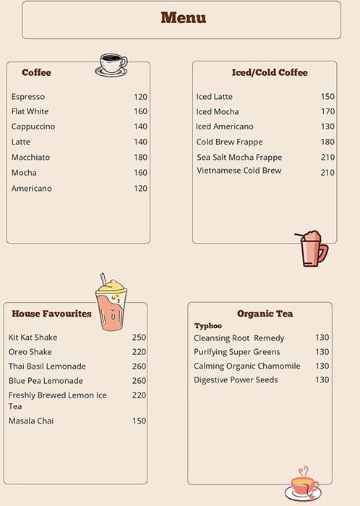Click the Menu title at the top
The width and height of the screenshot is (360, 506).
(x=183, y=18)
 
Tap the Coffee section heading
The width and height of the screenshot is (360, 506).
(x=36, y=72)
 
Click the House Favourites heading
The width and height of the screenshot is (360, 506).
(x=51, y=314)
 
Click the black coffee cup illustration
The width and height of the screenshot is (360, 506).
(x=111, y=64)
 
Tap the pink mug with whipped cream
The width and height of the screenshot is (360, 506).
(x=312, y=249)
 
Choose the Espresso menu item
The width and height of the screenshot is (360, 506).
(x=28, y=97)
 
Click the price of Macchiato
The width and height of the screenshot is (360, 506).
(x=140, y=158)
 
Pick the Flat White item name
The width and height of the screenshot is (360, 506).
(x=30, y=112)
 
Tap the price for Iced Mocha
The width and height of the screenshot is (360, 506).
(x=327, y=112)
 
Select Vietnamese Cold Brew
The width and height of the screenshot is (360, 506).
(x=239, y=171)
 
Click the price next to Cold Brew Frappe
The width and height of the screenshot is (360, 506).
(x=327, y=142)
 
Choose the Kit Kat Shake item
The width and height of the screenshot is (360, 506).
(x=33, y=338)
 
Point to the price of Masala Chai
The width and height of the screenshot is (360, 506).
(x=139, y=421)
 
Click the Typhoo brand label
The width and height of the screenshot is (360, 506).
(x=208, y=326)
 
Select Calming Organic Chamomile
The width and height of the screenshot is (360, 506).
(x=247, y=366)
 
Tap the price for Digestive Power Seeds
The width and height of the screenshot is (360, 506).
(x=322, y=379)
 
